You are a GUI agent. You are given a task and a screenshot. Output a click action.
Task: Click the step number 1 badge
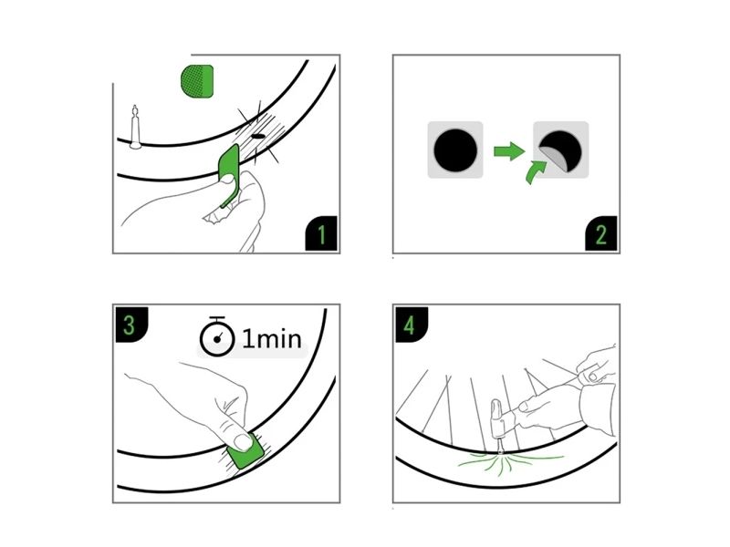click(x=321, y=233)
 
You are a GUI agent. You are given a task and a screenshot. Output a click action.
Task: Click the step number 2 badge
click(x=601, y=233)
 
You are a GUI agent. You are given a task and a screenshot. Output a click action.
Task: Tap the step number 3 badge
click(x=130, y=325)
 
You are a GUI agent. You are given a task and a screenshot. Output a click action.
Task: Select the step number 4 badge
click(x=411, y=325)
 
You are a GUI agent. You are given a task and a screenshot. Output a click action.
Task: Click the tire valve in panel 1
click(x=135, y=127)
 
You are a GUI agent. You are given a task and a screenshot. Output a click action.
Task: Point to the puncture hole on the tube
click(x=257, y=137)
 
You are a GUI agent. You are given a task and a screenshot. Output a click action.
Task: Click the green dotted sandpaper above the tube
click(x=197, y=81)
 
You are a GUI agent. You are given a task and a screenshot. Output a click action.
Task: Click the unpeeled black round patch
click(x=455, y=150)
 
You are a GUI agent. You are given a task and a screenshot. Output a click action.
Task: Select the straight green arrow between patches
click(x=509, y=151)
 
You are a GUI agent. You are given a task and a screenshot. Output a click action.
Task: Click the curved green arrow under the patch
click(x=536, y=171)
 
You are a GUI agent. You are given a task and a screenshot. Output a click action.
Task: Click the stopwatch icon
click(x=217, y=336)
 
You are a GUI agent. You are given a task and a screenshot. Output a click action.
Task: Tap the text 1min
click(x=272, y=338)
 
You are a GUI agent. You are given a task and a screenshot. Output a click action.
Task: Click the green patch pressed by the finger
click(x=245, y=450)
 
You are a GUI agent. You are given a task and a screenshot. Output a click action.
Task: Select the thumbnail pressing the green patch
click(x=243, y=442)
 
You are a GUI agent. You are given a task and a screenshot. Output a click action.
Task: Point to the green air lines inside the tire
click(x=507, y=463)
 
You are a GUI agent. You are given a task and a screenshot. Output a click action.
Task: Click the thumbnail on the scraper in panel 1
click(x=226, y=179)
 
